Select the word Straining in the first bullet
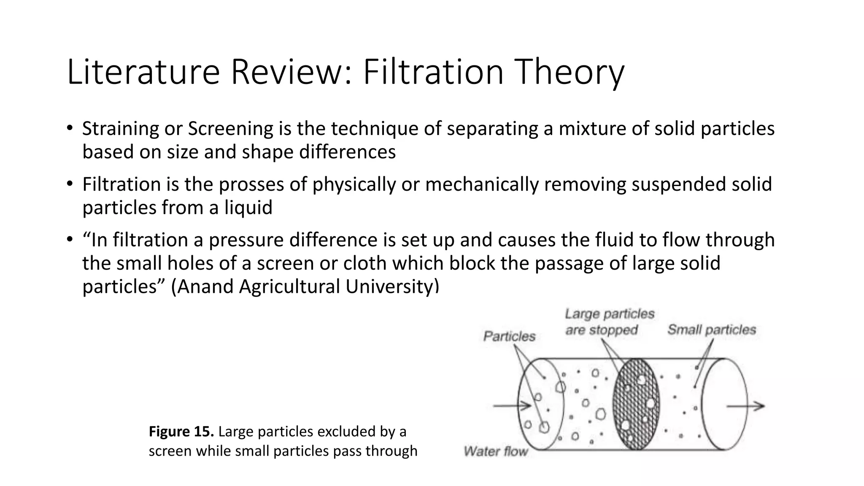click(120, 129)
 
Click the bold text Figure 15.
click(181, 432)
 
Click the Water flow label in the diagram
click(496, 451)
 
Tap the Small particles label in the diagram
click(711, 330)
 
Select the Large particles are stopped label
click(609, 322)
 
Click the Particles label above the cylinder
click(509, 337)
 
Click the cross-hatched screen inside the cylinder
click(636, 404)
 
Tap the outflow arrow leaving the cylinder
click(745, 406)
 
